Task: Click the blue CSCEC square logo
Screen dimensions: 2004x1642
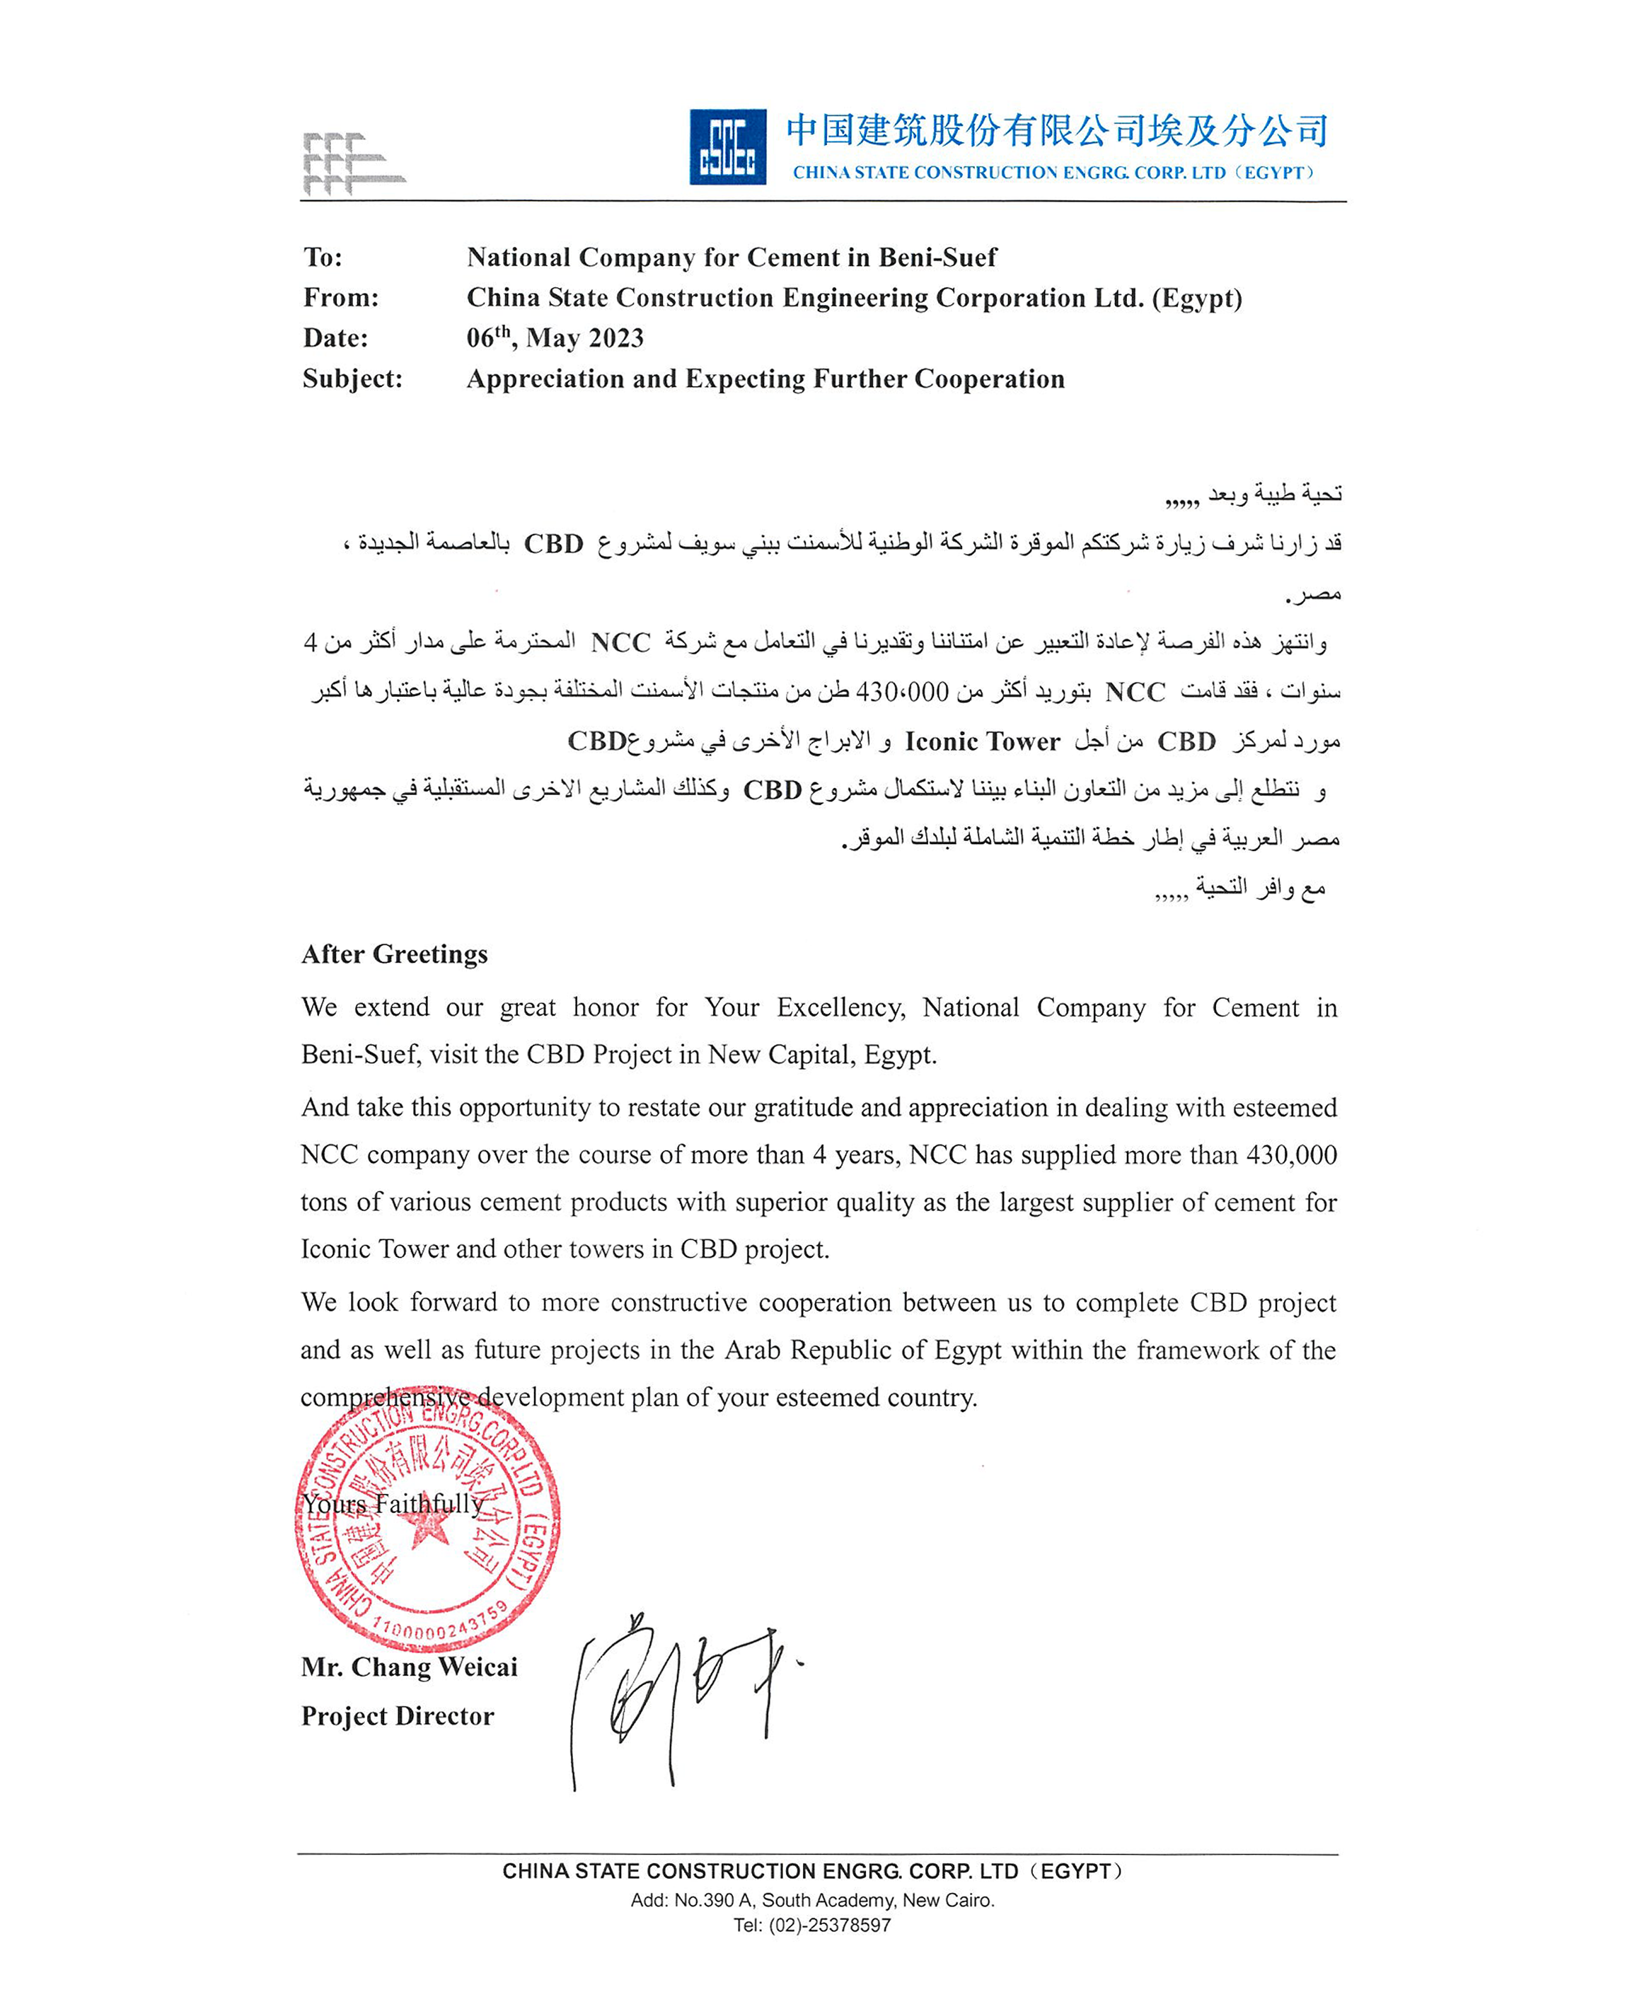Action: point(727,146)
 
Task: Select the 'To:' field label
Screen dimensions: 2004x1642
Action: point(323,257)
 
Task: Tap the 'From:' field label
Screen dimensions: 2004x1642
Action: point(340,298)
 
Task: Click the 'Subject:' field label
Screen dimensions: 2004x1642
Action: point(352,379)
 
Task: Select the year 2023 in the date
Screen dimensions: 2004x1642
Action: point(615,339)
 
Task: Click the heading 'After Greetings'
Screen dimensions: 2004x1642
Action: point(395,954)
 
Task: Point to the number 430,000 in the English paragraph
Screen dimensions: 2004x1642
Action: point(1291,1154)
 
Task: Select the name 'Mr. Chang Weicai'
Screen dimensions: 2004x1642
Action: point(409,1667)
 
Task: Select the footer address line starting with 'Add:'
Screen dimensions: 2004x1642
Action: point(812,1900)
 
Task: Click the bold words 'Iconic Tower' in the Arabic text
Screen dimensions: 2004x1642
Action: point(982,741)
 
